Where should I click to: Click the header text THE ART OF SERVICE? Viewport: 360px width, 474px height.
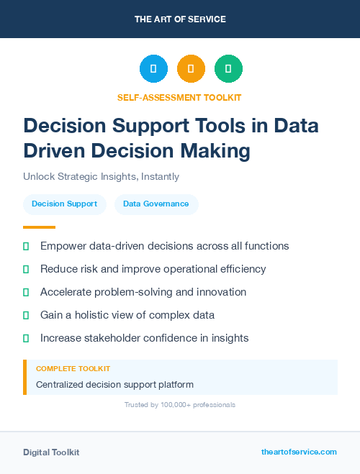[180, 19]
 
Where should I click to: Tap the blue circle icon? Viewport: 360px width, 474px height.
[153, 68]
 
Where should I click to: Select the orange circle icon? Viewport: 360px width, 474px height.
[191, 68]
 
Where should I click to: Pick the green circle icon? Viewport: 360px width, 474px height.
[228, 68]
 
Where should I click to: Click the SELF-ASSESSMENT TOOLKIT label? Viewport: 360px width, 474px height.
[179, 97]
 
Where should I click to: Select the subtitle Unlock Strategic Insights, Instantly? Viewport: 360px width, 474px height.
[101, 176]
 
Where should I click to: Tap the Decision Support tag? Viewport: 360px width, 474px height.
[65, 204]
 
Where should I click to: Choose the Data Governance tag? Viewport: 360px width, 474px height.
[156, 204]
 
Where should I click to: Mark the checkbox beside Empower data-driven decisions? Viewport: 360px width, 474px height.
[26, 246]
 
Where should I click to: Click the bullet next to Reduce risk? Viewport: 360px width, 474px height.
[26, 269]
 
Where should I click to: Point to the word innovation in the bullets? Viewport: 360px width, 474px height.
[217, 292]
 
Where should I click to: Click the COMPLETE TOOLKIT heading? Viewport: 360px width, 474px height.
[69, 368]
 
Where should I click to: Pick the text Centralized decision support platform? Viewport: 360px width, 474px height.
[114, 384]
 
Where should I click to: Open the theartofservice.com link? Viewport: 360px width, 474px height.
[299, 452]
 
